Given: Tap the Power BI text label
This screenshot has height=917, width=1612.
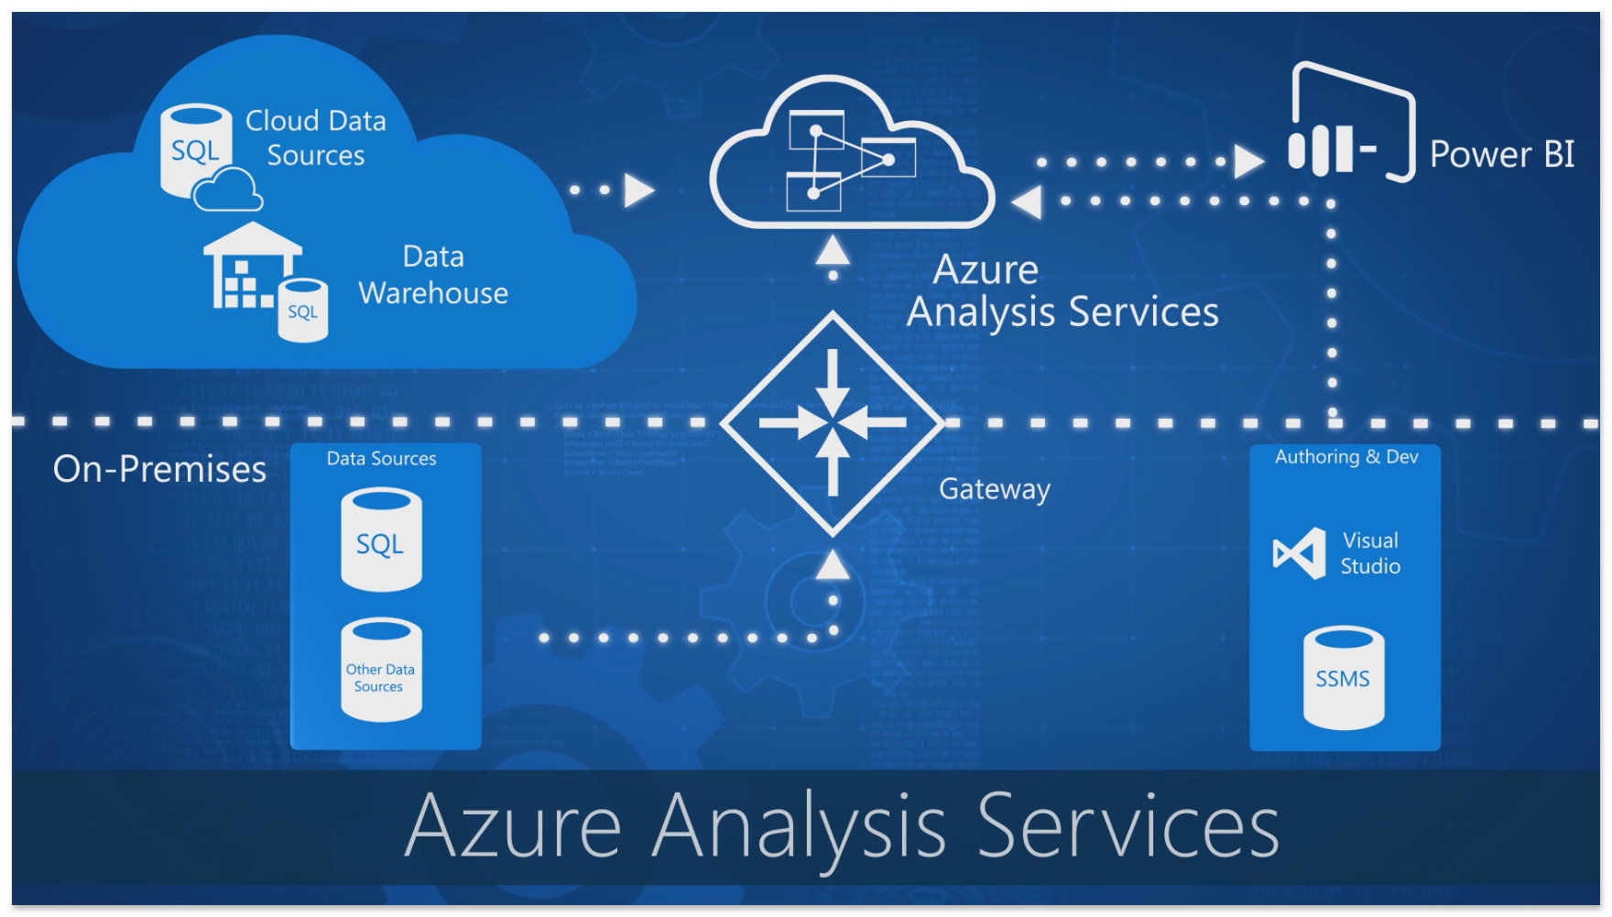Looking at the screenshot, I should (1502, 155).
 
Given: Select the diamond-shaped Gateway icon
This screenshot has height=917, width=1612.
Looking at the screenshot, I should (832, 423).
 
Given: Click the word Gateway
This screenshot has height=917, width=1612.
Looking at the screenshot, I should (994, 489).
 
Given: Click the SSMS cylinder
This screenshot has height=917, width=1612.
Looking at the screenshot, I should (1344, 678).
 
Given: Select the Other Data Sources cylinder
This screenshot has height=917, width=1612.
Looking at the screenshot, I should (381, 670).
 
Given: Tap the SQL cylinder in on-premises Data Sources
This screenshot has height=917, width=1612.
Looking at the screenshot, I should (381, 540).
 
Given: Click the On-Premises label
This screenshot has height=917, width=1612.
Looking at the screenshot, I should (159, 469).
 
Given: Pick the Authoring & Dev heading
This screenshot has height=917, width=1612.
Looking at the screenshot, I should (1346, 457).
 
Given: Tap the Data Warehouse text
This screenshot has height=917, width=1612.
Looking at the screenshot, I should (433, 275).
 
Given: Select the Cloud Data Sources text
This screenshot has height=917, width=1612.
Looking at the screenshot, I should (316, 137).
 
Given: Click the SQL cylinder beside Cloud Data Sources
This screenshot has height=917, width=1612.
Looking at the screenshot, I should (195, 149).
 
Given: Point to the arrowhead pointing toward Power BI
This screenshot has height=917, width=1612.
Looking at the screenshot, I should (1248, 161).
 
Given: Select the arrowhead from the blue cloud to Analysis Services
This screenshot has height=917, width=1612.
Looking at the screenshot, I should (639, 191).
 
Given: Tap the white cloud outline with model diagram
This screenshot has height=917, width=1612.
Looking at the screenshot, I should (852, 156).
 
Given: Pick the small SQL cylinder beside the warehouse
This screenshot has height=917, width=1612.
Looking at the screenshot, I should (303, 311).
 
